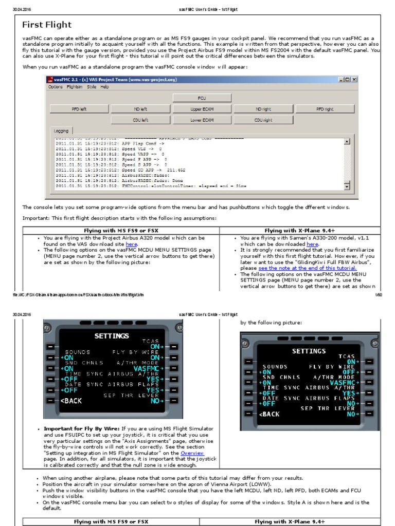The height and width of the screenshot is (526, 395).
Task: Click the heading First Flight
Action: point(47,25)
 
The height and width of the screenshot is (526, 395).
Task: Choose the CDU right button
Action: point(263,120)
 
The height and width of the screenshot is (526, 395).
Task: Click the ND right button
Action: point(263,109)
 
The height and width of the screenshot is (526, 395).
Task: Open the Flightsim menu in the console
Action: point(75,87)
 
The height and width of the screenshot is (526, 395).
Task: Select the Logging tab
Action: point(62,130)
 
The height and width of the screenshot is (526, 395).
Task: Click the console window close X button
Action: point(354,80)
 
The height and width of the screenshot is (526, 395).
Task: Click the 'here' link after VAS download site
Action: point(132,245)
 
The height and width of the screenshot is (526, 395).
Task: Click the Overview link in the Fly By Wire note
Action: point(192,453)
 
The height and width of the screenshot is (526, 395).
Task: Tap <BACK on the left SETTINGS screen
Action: point(71,401)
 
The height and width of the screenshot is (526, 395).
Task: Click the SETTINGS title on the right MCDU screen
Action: point(309,351)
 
